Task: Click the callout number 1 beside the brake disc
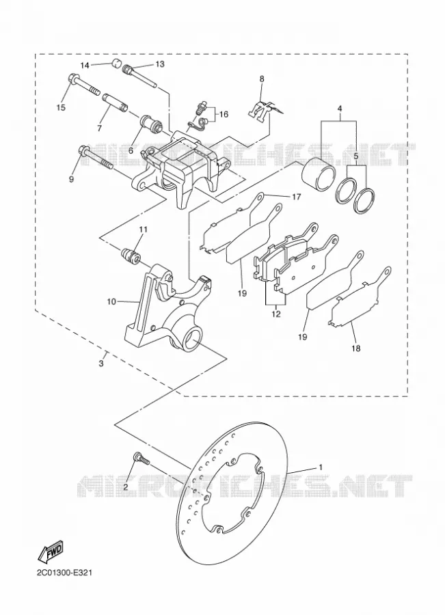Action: (x=321, y=467)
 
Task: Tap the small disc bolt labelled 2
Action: (x=141, y=459)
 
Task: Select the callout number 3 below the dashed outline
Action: (x=101, y=364)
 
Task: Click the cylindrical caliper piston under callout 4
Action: (x=319, y=171)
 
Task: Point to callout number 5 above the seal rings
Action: (x=356, y=156)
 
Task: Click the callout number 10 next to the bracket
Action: (x=111, y=301)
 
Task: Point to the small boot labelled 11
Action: (x=130, y=256)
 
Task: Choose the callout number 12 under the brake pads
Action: (x=276, y=314)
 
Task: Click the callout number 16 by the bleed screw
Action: (x=224, y=115)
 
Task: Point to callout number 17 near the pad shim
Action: (x=296, y=197)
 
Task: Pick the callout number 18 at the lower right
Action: (x=356, y=348)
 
